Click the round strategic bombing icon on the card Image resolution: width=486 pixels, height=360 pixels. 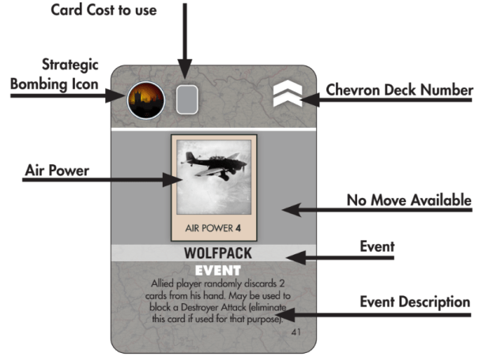pos(145,100)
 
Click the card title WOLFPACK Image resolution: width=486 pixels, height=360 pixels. pos(214,256)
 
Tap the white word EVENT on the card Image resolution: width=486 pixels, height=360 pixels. pos(213,271)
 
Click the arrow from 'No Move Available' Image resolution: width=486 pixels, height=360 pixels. pos(316,210)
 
